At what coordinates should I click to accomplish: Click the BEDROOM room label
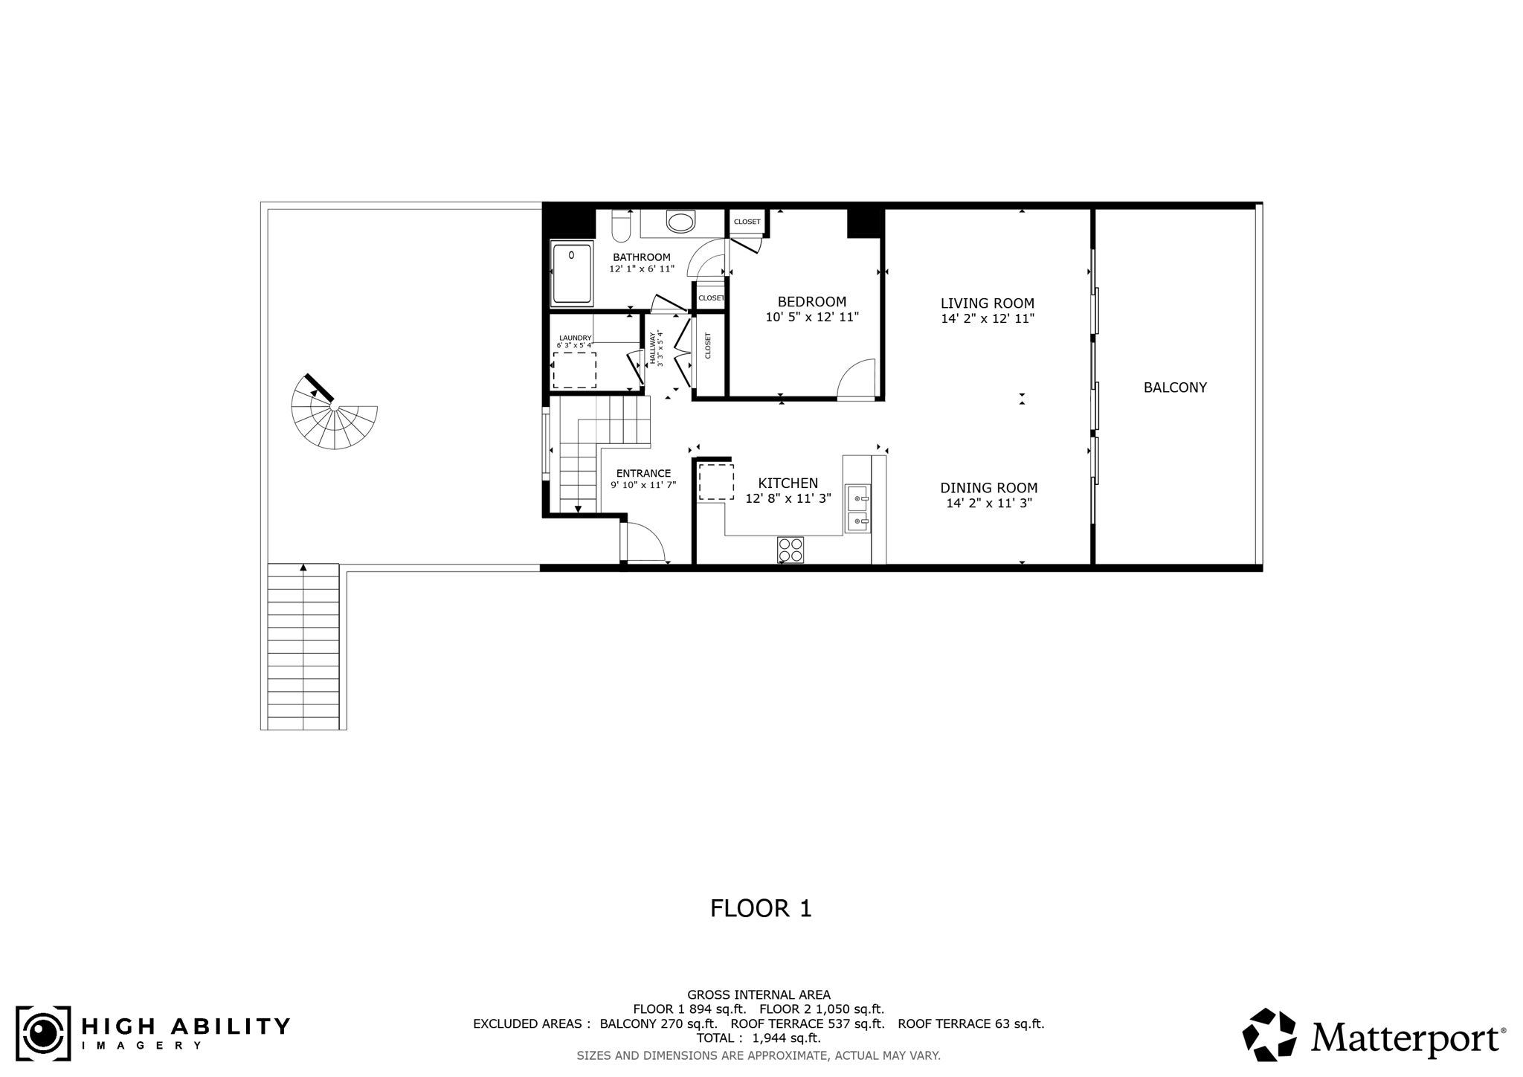(x=811, y=302)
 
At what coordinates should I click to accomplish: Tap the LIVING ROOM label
(x=987, y=303)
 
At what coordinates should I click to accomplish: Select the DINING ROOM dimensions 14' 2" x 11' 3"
(x=988, y=504)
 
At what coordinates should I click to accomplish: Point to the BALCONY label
(x=1174, y=388)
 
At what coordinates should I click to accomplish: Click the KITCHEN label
(x=788, y=483)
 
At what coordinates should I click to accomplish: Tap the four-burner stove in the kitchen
(x=791, y=550)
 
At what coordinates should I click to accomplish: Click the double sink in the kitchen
(x=857, y=509)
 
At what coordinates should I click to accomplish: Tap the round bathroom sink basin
(x=680, y=221)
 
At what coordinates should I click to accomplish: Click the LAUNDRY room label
(x=575, y=338)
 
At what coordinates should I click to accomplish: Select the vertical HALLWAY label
(x=656, y=348)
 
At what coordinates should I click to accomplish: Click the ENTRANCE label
(x=643, y=473)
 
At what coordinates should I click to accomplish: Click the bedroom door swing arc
(x=857, y=380)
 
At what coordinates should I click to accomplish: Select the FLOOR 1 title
(x=761, y=908)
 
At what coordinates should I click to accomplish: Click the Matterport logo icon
(x=1269, y=1035)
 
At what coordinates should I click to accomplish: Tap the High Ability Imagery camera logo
(x=43, y=1033)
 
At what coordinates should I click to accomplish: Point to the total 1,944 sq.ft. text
(x=758, y=1038)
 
